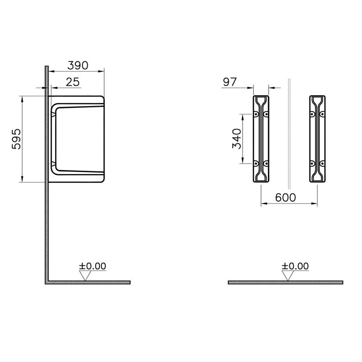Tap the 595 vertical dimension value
point(16,139)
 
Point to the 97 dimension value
point(230,82)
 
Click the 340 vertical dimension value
point(237,139)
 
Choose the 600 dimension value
point(285,197)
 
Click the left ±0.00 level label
point(92,266)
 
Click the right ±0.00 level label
point(295,266)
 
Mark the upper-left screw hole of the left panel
point(256,114)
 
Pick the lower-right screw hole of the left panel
point(266,163)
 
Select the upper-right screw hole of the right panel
point(322,114)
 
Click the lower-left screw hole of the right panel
point(312,163)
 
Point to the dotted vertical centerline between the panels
point(289,134)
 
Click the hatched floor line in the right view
point(285,282)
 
